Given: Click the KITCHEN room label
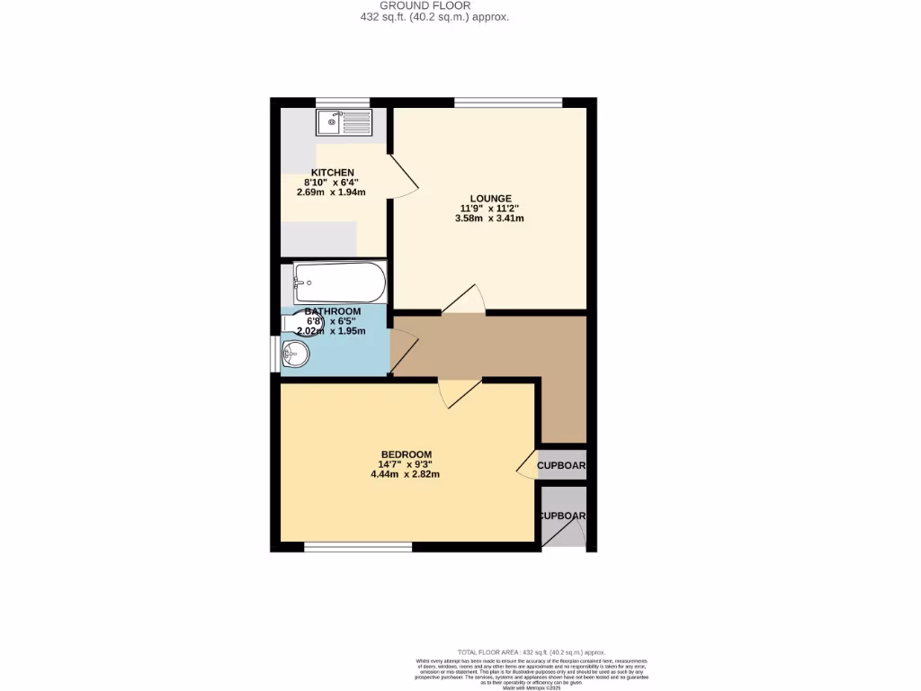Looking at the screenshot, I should pyautogui.click(x=332, y=173).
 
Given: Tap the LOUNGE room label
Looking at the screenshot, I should pyautogui.click(x=490, y=199).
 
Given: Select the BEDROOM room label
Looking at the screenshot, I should pyautogui.click(x=406, y=454).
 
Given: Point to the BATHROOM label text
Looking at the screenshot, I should pyautogui.click(x=332, y=311).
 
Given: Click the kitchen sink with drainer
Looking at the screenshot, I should pyautogui.click(x=344, y=122).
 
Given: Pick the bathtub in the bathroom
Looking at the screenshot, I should pyautogui.click(x=339, y=283).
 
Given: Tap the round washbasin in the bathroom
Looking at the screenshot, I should pyautogui.click(x=295, y=354).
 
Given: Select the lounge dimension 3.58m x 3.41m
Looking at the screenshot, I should pyautogui.click(x=490, y=219).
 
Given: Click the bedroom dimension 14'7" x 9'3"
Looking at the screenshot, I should pyautogui.click(x=406, y=464).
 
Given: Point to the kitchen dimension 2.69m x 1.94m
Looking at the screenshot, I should pyautogui.click(x=331, y=192).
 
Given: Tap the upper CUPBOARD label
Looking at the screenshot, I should pyautogui.click(x=561, y=466).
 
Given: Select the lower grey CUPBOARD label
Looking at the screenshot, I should pyautogui.click(x=562, y=516).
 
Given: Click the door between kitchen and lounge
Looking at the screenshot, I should pyautogui.click(x=402, y=175).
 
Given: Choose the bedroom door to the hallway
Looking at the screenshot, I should pyautogui.click(x=458, y=392).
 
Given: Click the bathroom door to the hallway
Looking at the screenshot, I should pyautogui.click(x=404, y=352).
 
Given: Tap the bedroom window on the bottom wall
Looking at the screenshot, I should pyautogui.click(x=358, y=546).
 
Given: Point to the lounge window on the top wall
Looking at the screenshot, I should pyautogui.click(x=508, y=102).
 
